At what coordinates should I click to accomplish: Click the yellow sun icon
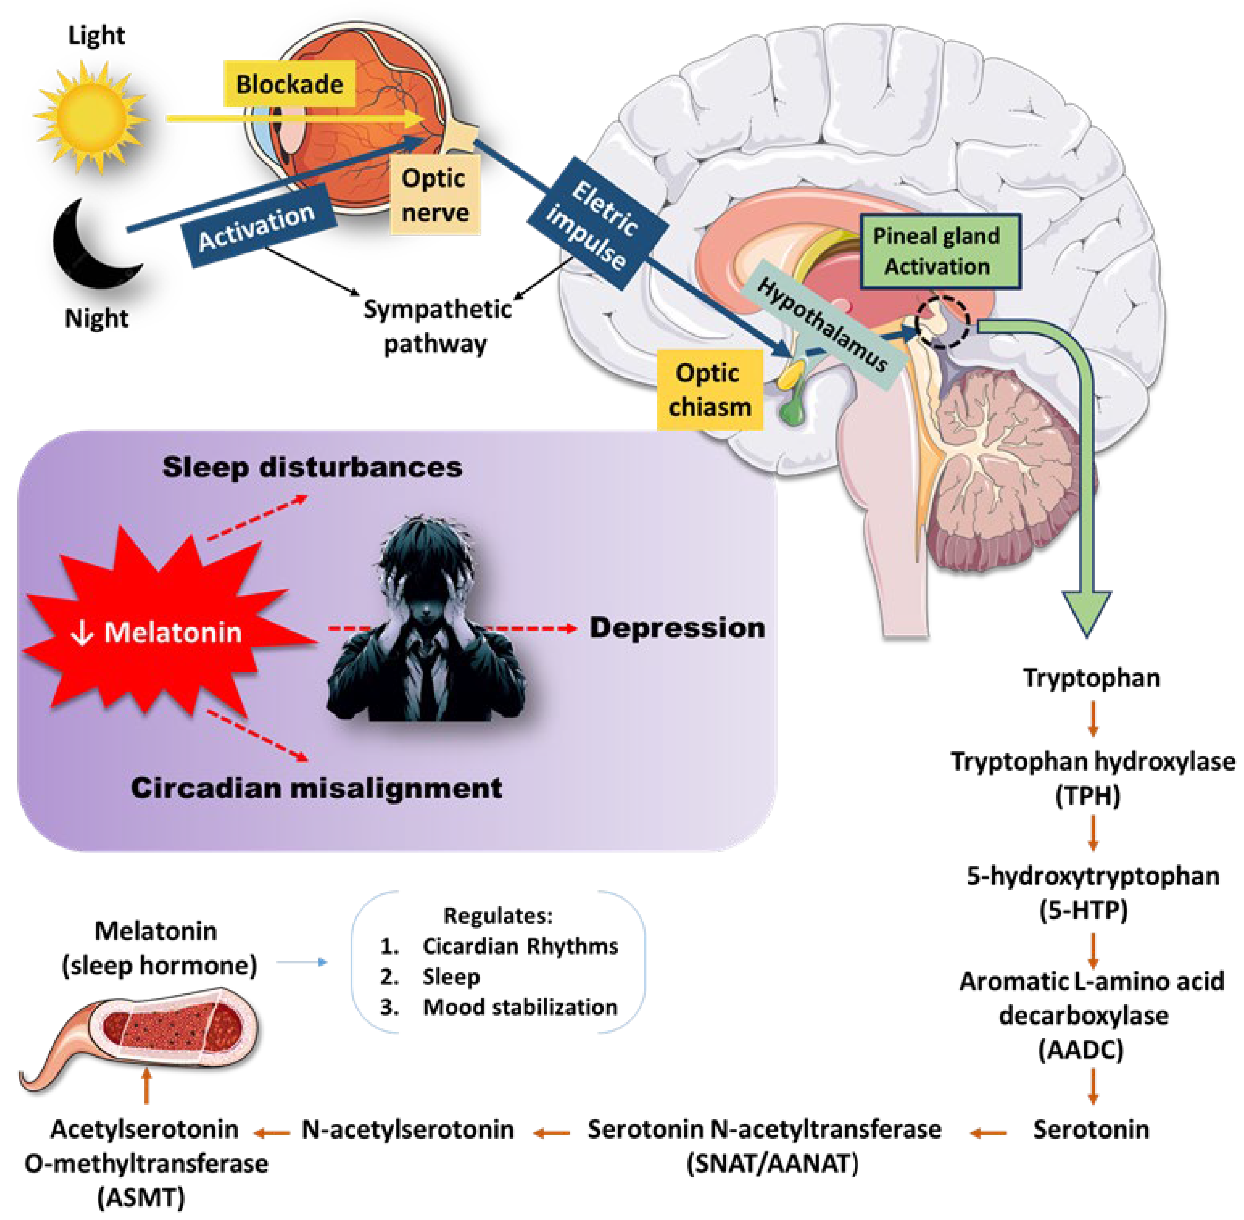92,117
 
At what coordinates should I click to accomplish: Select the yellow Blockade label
290,84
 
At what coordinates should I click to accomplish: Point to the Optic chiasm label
710,390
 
